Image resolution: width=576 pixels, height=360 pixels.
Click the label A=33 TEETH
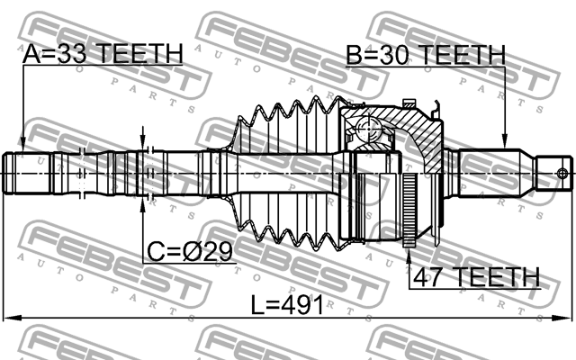[103, 53]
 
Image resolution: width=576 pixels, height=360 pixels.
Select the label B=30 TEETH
[426, 55]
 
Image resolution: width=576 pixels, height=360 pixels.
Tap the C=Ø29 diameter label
[190, 251]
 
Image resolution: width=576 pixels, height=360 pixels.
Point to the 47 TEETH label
[477, 276]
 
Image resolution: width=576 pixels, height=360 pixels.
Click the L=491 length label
[287, 304]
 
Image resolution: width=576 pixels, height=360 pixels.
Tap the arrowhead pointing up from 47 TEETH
[409, 256]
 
